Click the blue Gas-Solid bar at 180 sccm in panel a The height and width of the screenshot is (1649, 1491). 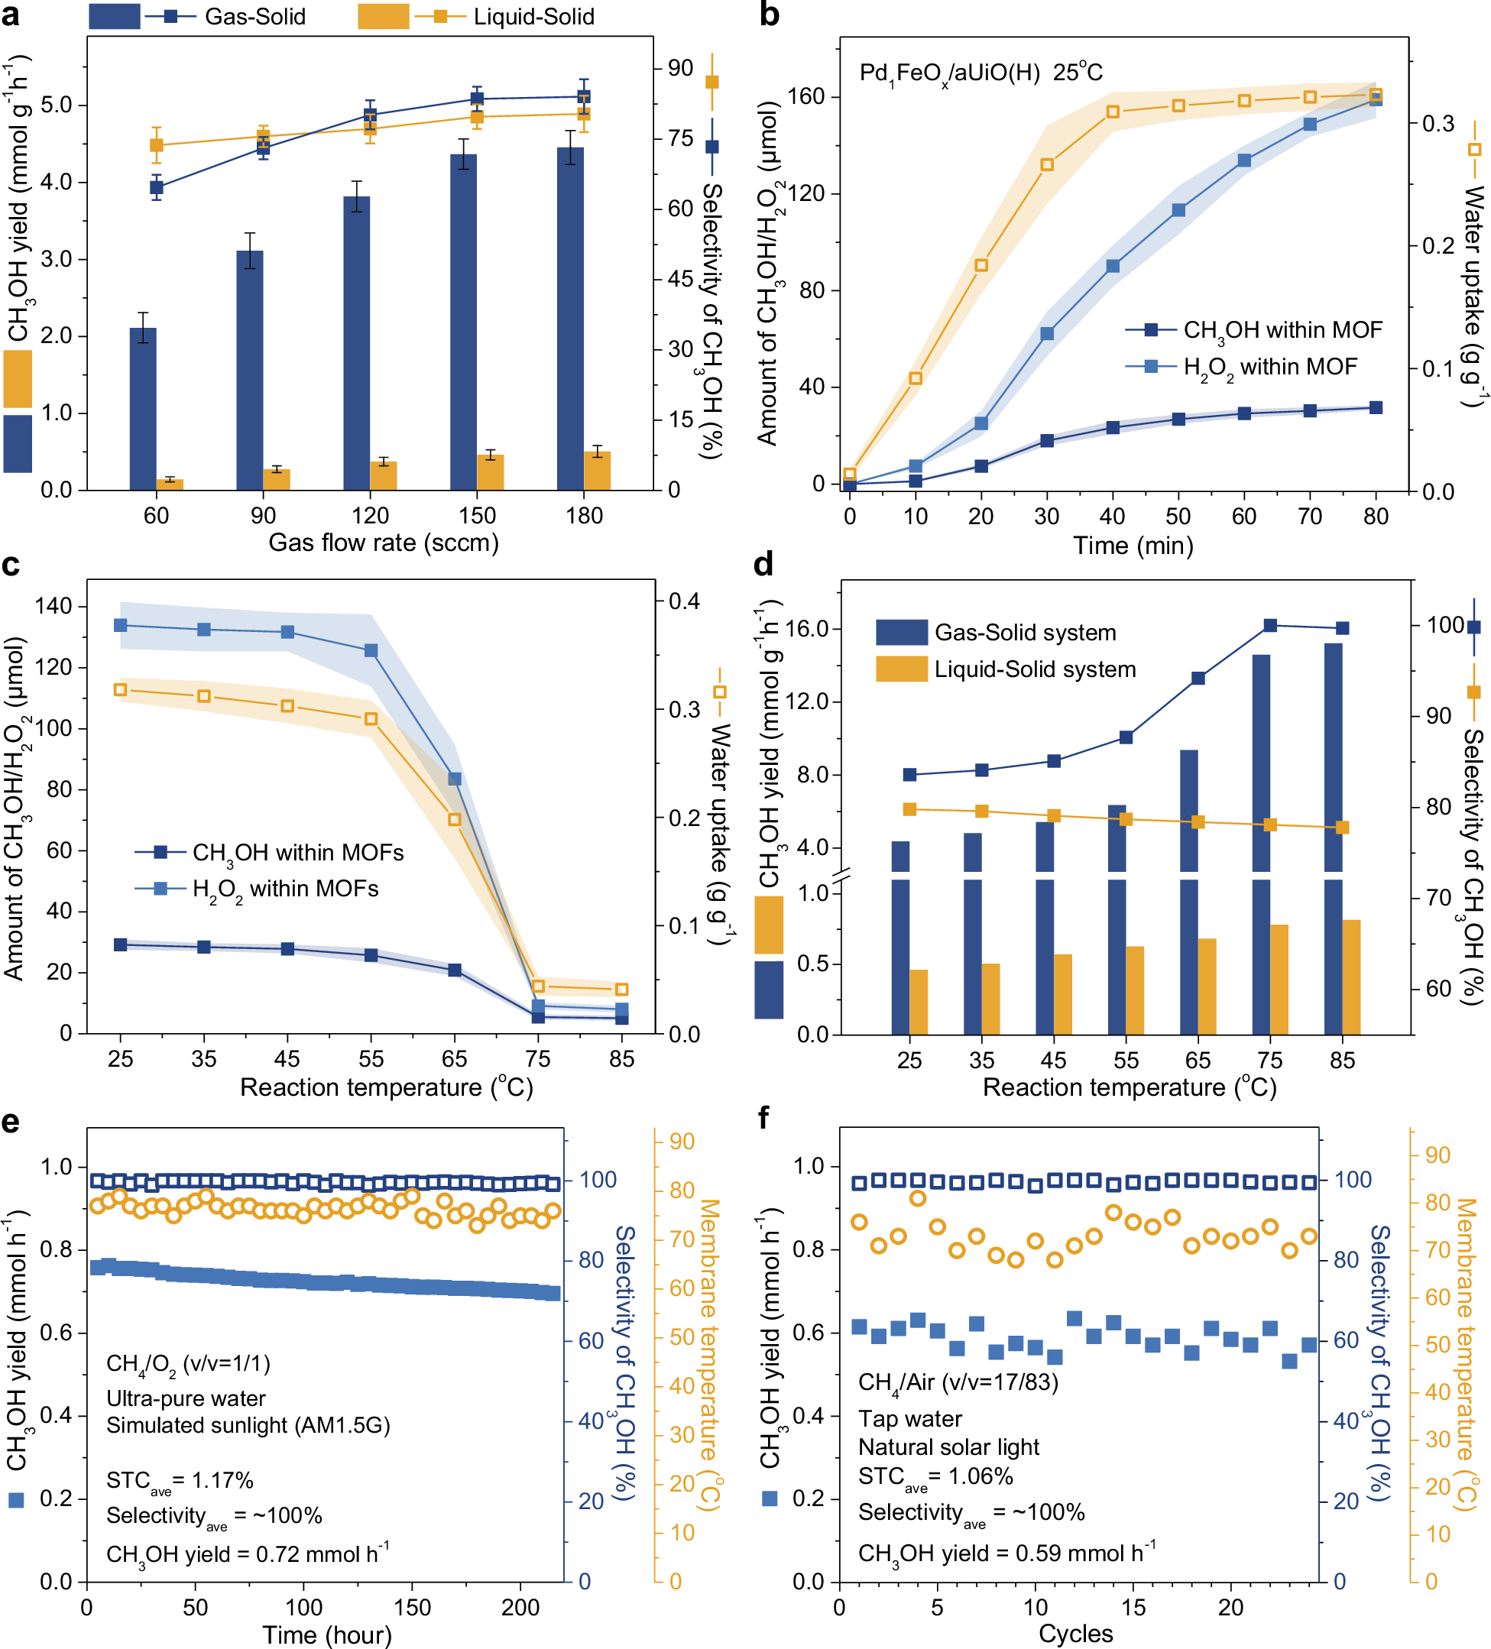[570, 319]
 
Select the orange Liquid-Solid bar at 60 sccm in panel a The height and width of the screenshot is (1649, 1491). [170, 484]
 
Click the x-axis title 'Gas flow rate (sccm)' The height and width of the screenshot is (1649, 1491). [384, 543]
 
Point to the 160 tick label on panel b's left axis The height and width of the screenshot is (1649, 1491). [805, 96]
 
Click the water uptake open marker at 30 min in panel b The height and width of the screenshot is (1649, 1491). [1047, 165]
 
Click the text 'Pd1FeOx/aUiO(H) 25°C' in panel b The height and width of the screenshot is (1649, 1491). [980, 73]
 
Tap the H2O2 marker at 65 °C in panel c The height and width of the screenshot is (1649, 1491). [455, 779]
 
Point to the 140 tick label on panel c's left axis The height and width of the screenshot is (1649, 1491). [54, 606]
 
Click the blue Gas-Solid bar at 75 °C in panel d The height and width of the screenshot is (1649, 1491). [1261, 761]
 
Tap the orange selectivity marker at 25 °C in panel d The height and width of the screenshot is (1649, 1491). [909, 809]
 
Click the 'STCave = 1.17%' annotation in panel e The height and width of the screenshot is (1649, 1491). [180, 1480]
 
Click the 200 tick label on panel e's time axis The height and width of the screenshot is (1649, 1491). [520, 1606]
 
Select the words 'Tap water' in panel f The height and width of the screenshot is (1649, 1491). [909, 1418]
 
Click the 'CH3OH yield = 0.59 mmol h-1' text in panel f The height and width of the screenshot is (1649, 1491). [1006, 1553]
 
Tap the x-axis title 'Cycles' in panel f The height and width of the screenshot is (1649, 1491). [1075, 1634]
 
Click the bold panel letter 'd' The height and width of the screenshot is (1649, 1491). [763, 565]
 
